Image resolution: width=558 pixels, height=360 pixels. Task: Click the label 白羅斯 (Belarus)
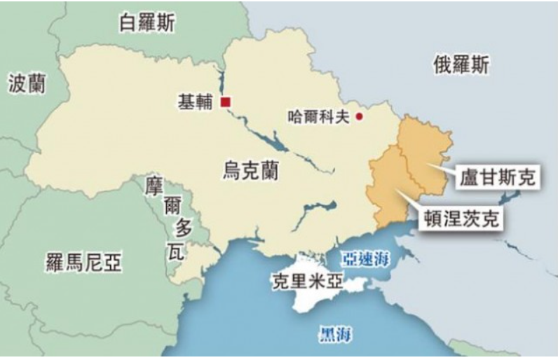point(148,22)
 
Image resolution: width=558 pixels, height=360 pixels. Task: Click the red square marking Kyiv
point(225,102)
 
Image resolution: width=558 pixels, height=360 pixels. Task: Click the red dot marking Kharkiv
point(360,116)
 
